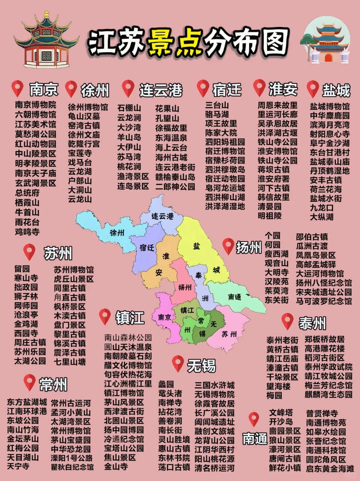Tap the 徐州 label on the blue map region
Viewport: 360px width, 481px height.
click(x=117, y=233)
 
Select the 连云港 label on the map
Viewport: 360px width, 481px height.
click(x=162, y=216)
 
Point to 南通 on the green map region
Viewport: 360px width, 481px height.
click(x=234, y=297)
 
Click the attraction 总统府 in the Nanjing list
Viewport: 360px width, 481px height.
click(x=27, y=193)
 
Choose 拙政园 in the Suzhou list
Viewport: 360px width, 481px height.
click(x=26, y=287)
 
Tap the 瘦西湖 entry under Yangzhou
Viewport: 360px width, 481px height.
click(x=276, y=254)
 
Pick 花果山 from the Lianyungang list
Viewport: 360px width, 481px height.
click(x=167, y=109)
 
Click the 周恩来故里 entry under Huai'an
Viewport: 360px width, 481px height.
click(x=277, y=105)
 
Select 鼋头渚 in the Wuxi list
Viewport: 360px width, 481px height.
click(x=170, y=393)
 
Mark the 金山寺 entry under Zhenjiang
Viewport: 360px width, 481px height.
click(x=116, y=467)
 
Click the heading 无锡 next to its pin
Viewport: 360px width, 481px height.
click(x=201, y=365)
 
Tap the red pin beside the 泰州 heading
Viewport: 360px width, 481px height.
click(x=287, y=321)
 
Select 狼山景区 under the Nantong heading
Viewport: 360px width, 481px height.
click(x=284, y=440)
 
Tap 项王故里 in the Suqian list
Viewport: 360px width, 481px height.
click(x=221, y=124)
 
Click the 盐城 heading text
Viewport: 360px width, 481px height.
click(x=336, y=90)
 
